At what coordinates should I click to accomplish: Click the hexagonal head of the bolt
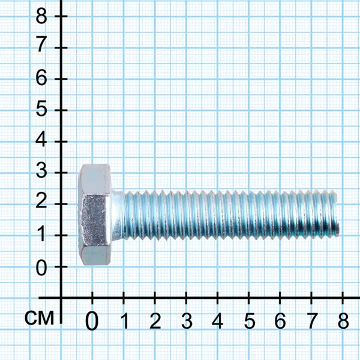(95, 215)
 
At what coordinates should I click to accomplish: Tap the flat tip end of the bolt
(337, 214)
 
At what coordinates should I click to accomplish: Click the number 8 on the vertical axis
(41, 16)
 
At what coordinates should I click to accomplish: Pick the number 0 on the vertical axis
(41, 268)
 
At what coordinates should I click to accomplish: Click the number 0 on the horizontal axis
(92, 321)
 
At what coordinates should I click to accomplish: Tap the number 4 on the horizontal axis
(217, 320)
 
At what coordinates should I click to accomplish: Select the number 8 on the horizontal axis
(343, 320)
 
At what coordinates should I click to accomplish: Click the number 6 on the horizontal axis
(280, 320)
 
